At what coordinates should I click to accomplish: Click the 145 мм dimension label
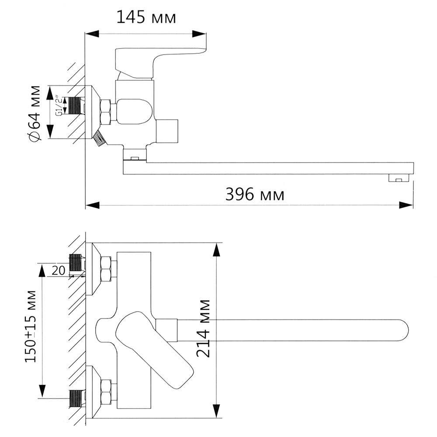pos(146,17)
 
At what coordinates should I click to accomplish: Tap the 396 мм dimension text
pos(255,194)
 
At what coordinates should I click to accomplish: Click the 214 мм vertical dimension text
pos(203,328)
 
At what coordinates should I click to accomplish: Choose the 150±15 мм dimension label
pos(30,326)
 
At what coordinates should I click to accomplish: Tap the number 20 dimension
pos(58,270)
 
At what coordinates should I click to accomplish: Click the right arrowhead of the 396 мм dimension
pos(406,205)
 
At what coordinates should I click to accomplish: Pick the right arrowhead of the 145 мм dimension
pos(199,34)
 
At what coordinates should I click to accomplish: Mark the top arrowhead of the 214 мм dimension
pos(216,250)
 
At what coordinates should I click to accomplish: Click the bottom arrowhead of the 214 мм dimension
pos(216,410)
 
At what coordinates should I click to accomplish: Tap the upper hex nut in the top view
pos(105,269)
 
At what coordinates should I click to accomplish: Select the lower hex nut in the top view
pos(105,392)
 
